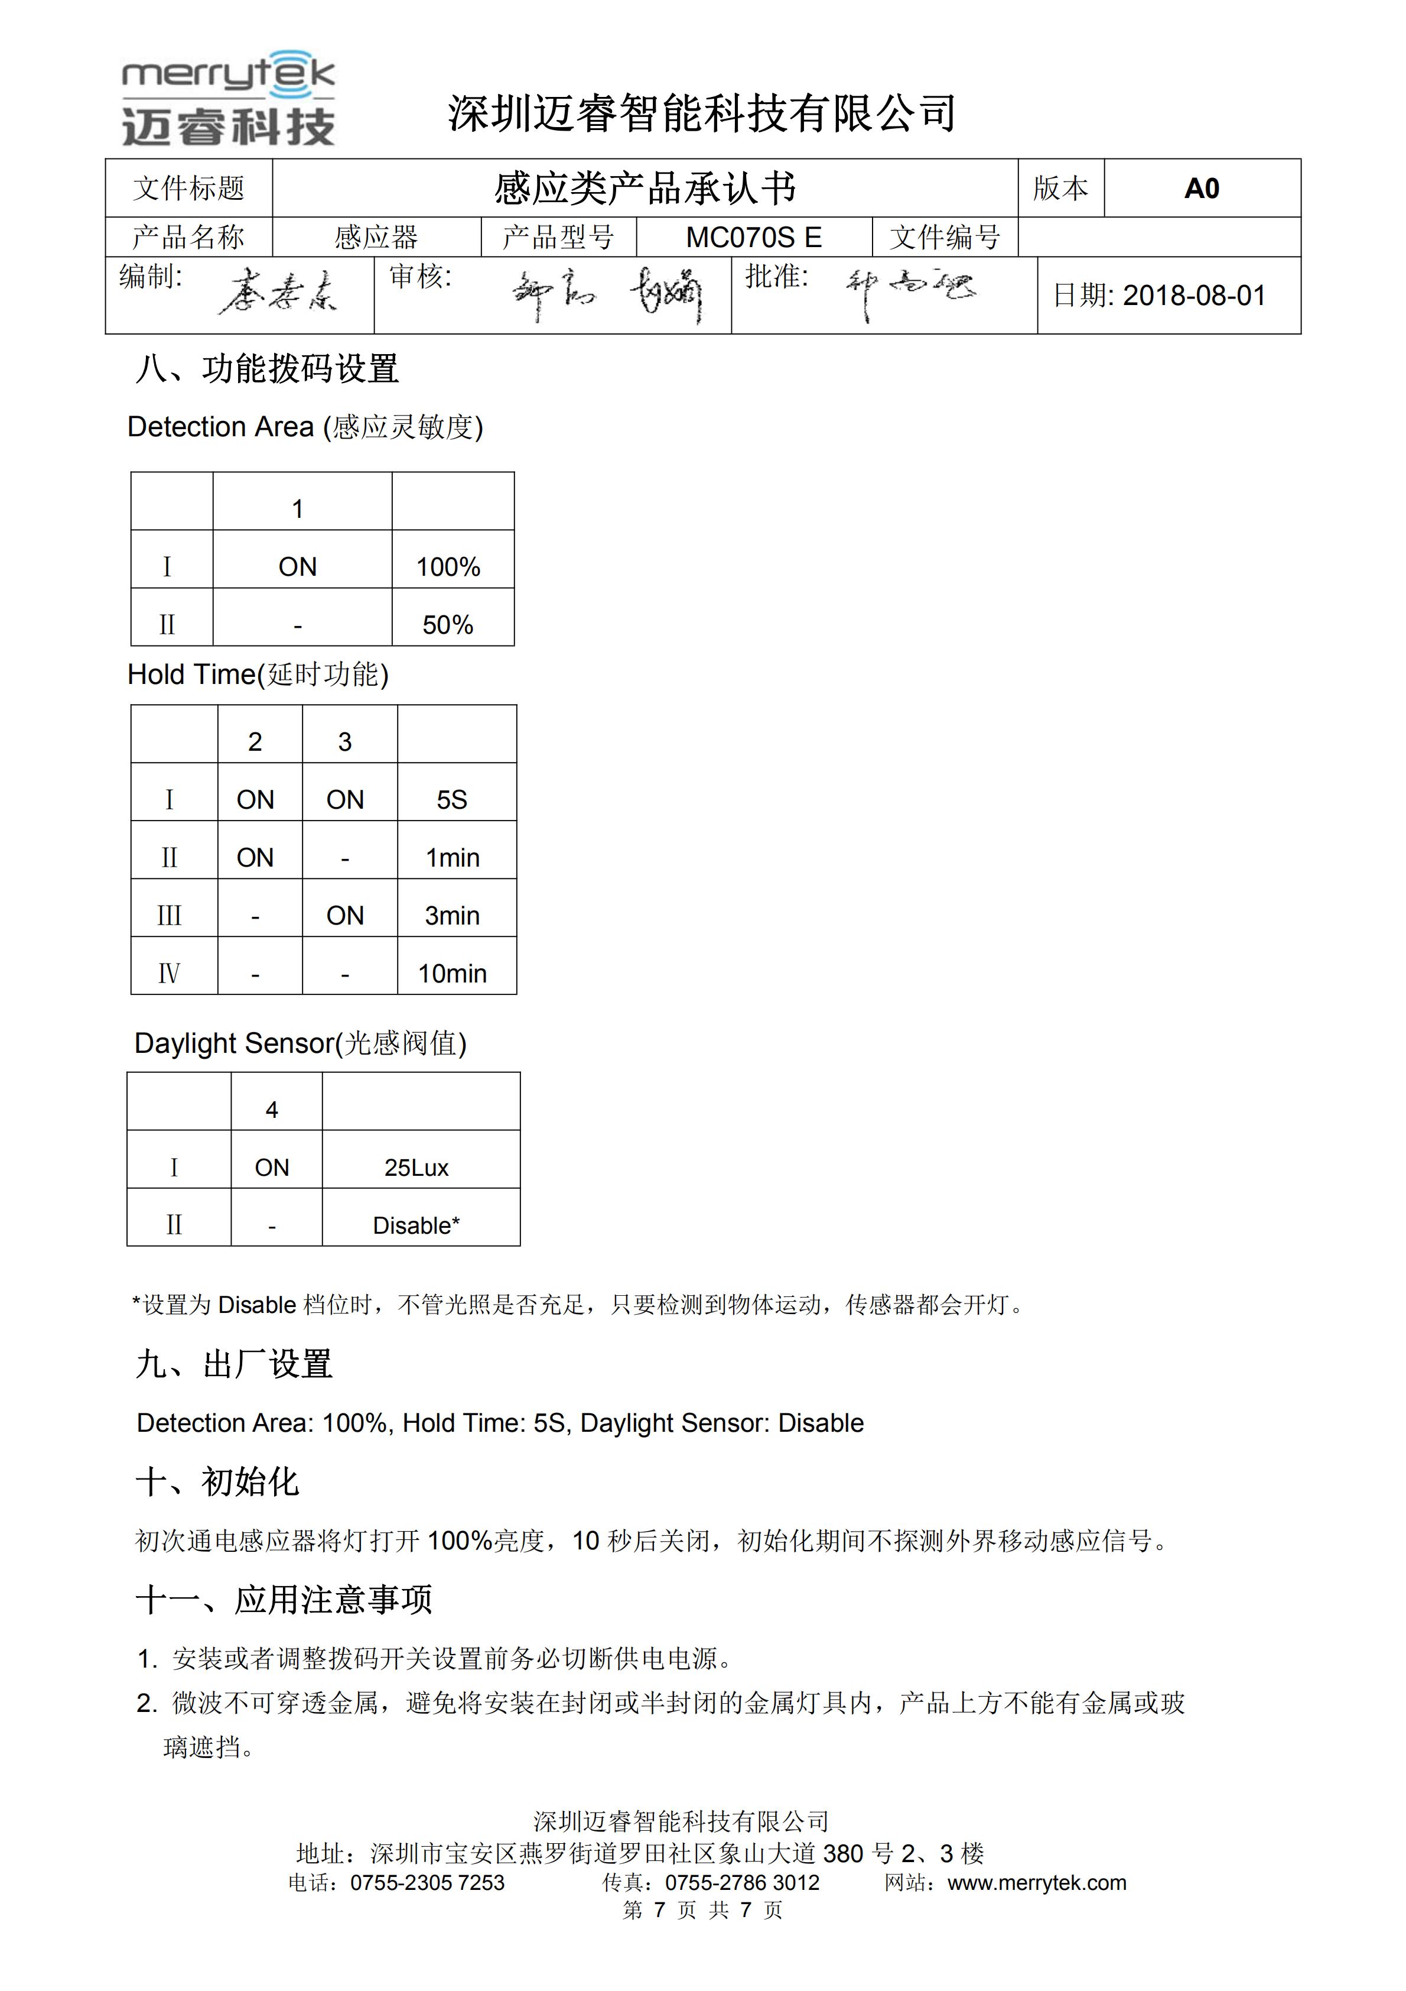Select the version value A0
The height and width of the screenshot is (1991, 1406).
click(1202, 188)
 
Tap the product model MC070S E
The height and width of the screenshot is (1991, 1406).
click(753, 238)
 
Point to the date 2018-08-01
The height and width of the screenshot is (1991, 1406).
click(1194, 296)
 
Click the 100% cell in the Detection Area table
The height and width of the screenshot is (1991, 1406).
click(448, 567)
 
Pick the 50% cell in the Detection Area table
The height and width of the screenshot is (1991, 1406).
click(448, 625)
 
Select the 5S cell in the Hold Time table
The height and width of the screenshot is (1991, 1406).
click(451, 799)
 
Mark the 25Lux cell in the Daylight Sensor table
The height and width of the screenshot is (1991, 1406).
click(417, 1168)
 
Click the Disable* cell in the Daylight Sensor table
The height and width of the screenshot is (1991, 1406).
click(417, 1226)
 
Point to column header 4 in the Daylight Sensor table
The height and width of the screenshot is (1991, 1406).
click(272, 1110)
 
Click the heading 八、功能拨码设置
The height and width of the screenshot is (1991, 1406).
click(267, 369)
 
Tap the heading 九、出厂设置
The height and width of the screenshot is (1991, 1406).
click(234, 1364)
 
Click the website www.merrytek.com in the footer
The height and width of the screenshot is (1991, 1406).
click(1037, 1883)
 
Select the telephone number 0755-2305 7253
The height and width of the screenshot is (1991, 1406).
click(427, 1883)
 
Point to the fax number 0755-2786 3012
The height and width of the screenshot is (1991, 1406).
click(742, 1883)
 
